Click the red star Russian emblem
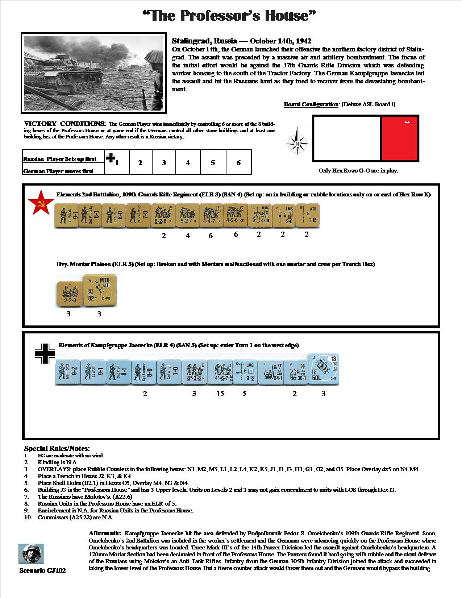38,203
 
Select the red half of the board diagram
400,138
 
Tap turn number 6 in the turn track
238,163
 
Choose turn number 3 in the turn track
164,163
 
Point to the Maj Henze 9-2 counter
67,373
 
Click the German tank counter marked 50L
324,370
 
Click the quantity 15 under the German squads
220,394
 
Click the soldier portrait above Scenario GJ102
31,553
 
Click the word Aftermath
105,533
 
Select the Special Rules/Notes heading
57,449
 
